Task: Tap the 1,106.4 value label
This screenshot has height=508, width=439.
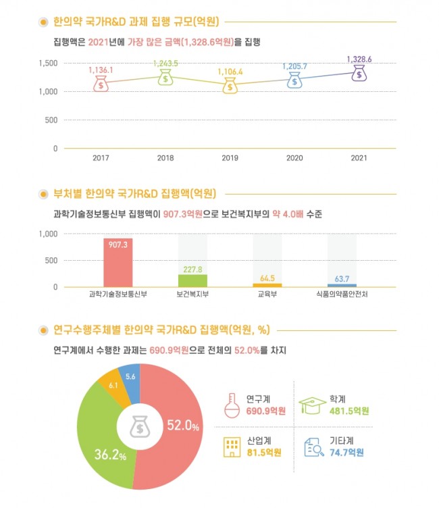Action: pos(230,72)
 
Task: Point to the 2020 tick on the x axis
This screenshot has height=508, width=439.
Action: pos(294,157)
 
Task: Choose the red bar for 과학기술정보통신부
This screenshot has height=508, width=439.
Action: pos(118,262)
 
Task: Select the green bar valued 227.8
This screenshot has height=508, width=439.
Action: pos(192,280)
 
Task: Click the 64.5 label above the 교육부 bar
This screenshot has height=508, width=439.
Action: pos(267,278)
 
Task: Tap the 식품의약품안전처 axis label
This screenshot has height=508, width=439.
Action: pos(342,295)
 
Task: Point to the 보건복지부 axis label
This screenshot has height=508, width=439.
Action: pos(192,295)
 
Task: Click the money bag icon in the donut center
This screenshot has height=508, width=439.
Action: pos(138,427)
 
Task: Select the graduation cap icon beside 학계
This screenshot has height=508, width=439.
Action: pos(313,404)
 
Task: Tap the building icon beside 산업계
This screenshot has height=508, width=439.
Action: pos(231,447)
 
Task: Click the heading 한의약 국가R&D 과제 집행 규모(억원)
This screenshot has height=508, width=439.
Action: pos(139,22)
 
